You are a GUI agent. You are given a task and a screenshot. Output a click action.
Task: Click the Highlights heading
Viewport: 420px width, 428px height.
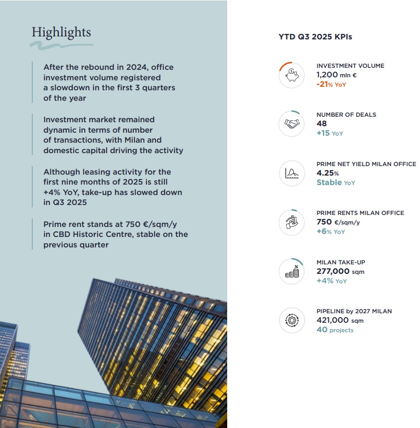pyautogui.click(x=61, y=32)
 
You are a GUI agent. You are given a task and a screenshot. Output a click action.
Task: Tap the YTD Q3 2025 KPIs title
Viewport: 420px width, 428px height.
pyautogui.click(x=315, y=37)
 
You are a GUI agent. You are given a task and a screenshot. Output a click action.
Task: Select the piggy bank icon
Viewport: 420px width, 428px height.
pyautogui.click(x=291, y=75)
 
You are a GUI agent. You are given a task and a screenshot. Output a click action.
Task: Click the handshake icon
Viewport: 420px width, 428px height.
pyautogui.click(x=291, y=124)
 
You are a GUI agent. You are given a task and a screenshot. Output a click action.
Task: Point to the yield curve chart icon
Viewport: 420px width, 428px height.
pyautogui.click(x=291, y=173)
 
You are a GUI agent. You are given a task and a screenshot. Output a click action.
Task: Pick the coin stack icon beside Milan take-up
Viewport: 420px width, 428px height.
pyautogui.click(x=291, y=271)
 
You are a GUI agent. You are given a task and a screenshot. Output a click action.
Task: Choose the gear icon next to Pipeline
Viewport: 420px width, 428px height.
pyautogui.click(x=291, y=320)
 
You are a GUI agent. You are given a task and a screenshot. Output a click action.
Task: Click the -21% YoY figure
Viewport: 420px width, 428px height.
pyautogui.click(x=331, y=84)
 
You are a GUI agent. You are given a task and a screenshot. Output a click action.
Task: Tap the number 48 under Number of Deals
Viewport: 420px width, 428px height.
pyautogui.click(x=322, y=124)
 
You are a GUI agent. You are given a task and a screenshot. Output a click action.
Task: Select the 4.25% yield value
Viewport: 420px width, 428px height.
pyautogui.click(x=328, y=173)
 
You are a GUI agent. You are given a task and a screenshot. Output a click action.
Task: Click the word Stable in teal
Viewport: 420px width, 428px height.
pyautogui.click(x=329, y=183)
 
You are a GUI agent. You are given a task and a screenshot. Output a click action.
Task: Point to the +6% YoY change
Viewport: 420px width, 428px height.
pyautogui.click(x=330, y=231)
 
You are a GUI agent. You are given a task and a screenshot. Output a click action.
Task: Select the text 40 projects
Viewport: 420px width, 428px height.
pyautogui.click(x=335, y=330)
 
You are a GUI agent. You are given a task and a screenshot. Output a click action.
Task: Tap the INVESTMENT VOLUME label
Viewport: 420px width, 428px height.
pyautogui.click(x=350, y=66)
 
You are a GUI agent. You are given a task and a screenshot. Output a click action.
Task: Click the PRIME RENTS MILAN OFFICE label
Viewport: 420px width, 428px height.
pyautogui.click(x=360, y=213)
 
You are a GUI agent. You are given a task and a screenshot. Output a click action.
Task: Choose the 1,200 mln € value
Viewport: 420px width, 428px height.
pyautogui.click(x=336, y=75)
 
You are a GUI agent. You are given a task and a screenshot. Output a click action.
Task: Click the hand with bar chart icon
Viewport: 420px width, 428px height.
pyautogui.click(x=291, y=222)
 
